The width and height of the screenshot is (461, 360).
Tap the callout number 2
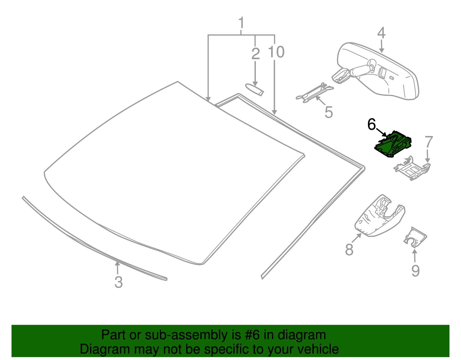(255, 54)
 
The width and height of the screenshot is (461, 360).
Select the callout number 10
(276, 52)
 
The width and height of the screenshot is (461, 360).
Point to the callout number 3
(118, 282)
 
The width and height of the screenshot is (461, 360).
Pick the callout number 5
(328, 112)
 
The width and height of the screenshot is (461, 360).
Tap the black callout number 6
(372, 125)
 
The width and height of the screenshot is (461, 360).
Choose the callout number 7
(429, 142)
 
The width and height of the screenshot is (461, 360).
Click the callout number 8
(349, 250)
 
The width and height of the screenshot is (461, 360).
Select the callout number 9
(415, 271)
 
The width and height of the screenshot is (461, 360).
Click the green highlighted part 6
(393, 145)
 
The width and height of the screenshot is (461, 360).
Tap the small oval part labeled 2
(254, 89)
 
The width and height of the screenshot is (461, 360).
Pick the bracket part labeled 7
(412, 170)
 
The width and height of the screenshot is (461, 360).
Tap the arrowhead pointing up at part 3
(117, 263)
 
